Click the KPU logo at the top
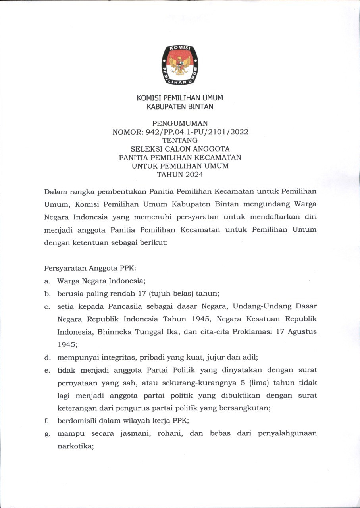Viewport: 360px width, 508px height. point(180,65)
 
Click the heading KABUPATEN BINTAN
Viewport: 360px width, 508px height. point(180,106)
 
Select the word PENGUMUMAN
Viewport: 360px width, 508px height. point(180,123)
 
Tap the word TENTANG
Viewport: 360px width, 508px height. point(180,140)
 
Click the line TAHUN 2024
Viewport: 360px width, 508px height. point(180,174)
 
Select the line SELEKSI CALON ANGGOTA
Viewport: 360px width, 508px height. point(180,149)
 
